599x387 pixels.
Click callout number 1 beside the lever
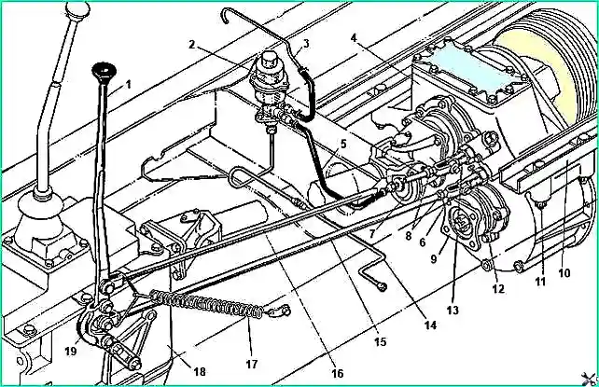[x=129, y=84]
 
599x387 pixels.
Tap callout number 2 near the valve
[x=192, y=44]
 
